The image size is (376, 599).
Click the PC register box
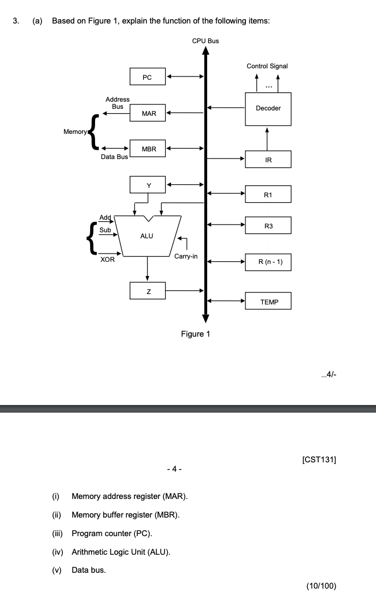click(147, 77)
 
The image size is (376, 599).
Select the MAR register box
click(148, 113)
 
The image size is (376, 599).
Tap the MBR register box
click(148, 149)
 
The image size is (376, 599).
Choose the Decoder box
click(268, 108)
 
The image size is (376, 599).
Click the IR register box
click(268, 160)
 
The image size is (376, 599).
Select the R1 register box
click(268, 195)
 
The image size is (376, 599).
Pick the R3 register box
click(268, 225)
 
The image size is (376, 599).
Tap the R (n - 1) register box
click(268, 262)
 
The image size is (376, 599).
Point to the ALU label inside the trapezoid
click(146, 236)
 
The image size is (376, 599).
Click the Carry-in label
click(186, 256)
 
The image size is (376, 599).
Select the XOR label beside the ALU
click(108, 260)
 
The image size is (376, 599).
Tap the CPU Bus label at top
click(205, 41)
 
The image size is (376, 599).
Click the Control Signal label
click(267, 66)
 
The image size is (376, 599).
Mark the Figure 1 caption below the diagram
click(195, 334)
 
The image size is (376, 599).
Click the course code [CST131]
click(319, 460)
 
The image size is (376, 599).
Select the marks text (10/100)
click(321, 586)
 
